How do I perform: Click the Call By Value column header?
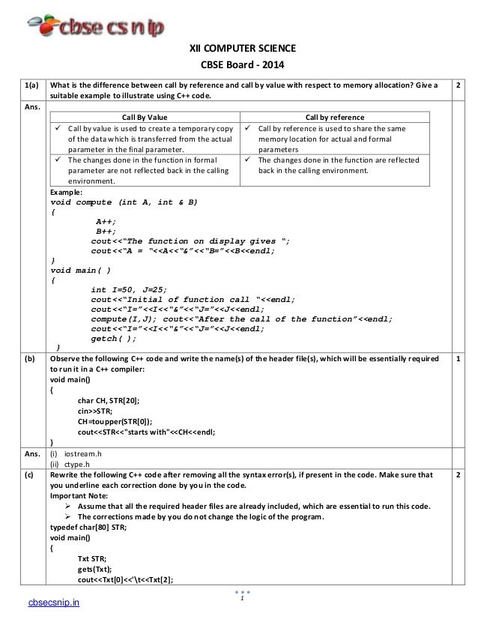[142, 117]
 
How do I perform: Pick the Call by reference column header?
[335, 117]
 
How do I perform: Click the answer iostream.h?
[85, 453]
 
